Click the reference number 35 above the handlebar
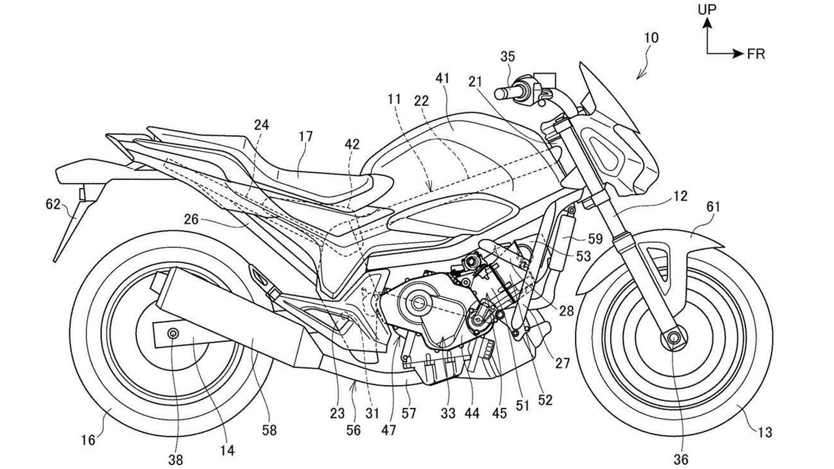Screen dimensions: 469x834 tap(508, 56)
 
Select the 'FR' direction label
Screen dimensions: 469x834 tap(756, 54)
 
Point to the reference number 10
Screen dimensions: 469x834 tap(651, 38)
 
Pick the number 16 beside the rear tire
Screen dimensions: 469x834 tap(88, 440)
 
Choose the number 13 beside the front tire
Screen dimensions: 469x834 tap(766, 432)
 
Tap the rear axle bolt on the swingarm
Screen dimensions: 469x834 tap(173, 332)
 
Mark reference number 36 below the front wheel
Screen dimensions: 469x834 tap(681, 459)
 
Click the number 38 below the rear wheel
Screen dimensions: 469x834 tap(176, 459)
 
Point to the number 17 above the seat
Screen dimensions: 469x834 tap(306, 137)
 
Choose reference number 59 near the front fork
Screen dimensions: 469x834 tap(595, 239)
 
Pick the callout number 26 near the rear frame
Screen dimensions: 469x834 tap(191, 219)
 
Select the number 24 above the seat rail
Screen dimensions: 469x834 tap(262, 125)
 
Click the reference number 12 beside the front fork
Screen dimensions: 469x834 tap(680, 196)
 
